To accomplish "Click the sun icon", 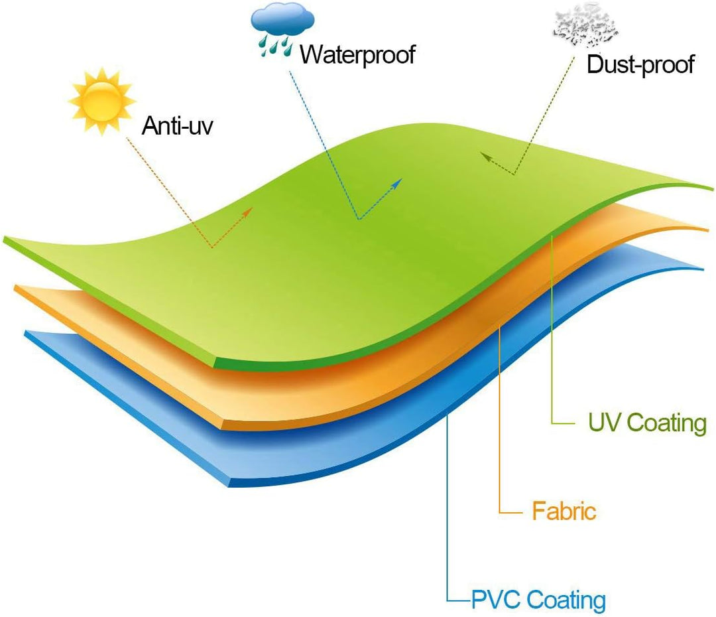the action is tap(102, 101).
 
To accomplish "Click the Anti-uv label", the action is tap(177, 125).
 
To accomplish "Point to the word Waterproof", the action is tap(357, 54).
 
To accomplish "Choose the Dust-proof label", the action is tap(640, 64).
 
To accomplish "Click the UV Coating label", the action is tap(647, 423).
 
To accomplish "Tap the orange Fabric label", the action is tap(564, 510).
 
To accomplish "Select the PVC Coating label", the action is tap(538, 599).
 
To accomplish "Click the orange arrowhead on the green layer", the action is tap(248, 212).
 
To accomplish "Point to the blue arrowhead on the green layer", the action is tap(397, 183).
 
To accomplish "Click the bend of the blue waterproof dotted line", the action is tap(359, 220).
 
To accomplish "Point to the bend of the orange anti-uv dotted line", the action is tap(212, 247).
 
